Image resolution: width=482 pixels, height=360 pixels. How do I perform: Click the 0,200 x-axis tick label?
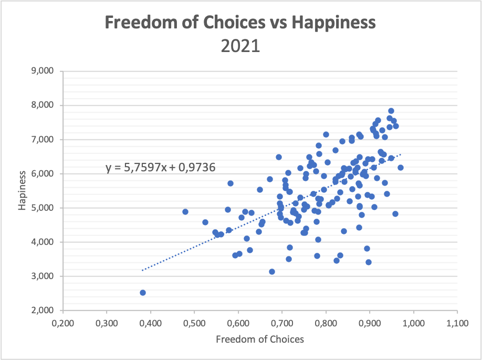point(62,321)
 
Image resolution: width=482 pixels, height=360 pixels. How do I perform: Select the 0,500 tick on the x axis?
point(194,321)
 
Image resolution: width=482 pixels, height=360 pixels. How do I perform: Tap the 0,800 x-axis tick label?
point(326,321)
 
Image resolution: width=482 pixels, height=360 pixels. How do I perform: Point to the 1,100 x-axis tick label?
point(457,321)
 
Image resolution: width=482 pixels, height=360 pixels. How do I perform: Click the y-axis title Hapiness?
point(22,190)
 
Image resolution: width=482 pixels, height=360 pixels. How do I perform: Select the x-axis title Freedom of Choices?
point(259,339)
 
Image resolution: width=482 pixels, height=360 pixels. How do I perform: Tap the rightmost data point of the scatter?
point(401,168)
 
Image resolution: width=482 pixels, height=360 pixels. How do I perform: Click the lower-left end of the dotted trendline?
point(142,270)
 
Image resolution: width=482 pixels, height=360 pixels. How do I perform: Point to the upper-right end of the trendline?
point(401,155)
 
